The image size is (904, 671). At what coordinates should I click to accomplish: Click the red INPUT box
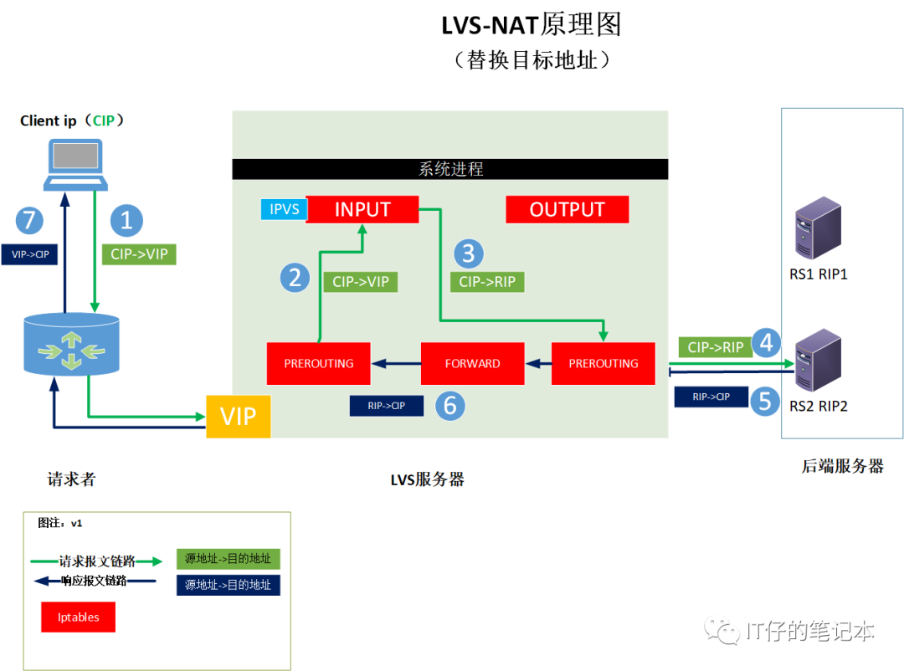click(x=362, y=209)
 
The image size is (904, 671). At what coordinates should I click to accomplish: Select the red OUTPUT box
click(x=567, y=209)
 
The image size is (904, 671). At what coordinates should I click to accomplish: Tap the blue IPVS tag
click(x=284, y=209)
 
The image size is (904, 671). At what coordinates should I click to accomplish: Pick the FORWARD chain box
click(x=472, y=363)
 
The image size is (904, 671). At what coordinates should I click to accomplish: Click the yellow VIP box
click(x=239, y=416)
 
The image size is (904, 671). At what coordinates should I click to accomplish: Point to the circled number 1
click(x=126, y=220)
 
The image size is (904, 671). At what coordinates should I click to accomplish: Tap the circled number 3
click(x=468, y=253)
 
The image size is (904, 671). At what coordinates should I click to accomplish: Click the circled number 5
click(x=765, y=400)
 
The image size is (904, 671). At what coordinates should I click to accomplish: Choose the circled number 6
click(x=449, y=406)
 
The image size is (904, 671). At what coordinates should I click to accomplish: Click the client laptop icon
click(x=75, y=166)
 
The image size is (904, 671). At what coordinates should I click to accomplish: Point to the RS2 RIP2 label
click(x=819, y=406)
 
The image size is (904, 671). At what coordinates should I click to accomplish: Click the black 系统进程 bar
click(x=450, y=169)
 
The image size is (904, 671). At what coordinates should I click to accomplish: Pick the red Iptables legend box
click(x=78, y=617)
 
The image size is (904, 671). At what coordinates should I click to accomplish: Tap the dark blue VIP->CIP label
click(x=29, y=254)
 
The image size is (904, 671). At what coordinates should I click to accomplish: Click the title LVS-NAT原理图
click(x=532, y=26)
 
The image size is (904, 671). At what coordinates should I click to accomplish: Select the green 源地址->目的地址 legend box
click(x=228, y=559)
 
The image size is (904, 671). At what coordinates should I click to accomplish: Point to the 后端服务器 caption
click(x=842, y=467)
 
